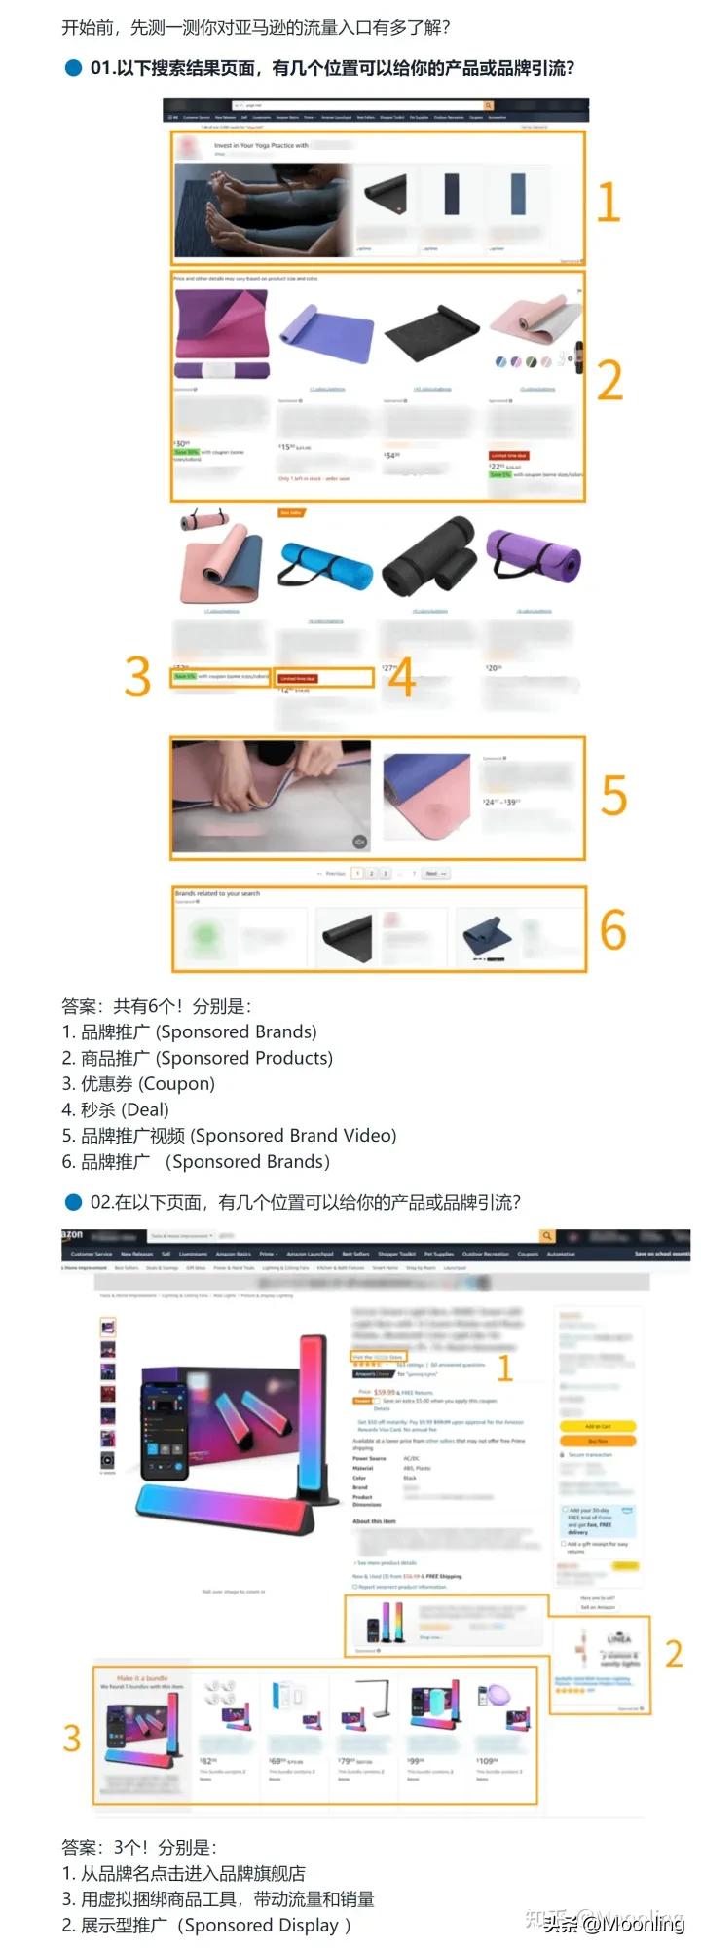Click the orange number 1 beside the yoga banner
pos(608,202)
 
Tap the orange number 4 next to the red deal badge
pos(401,676)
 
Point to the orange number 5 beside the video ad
pos(613,796)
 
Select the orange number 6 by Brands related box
pos(612,929)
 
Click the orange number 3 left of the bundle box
pos(71,1738)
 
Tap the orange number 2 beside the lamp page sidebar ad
pos(673,1653)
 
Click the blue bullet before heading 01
pos(73,68)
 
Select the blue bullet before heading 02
pos(73,1202)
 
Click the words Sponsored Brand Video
pos(293,1135)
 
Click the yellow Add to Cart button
pos(597,1426)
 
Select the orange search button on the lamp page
pos(548,1235)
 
